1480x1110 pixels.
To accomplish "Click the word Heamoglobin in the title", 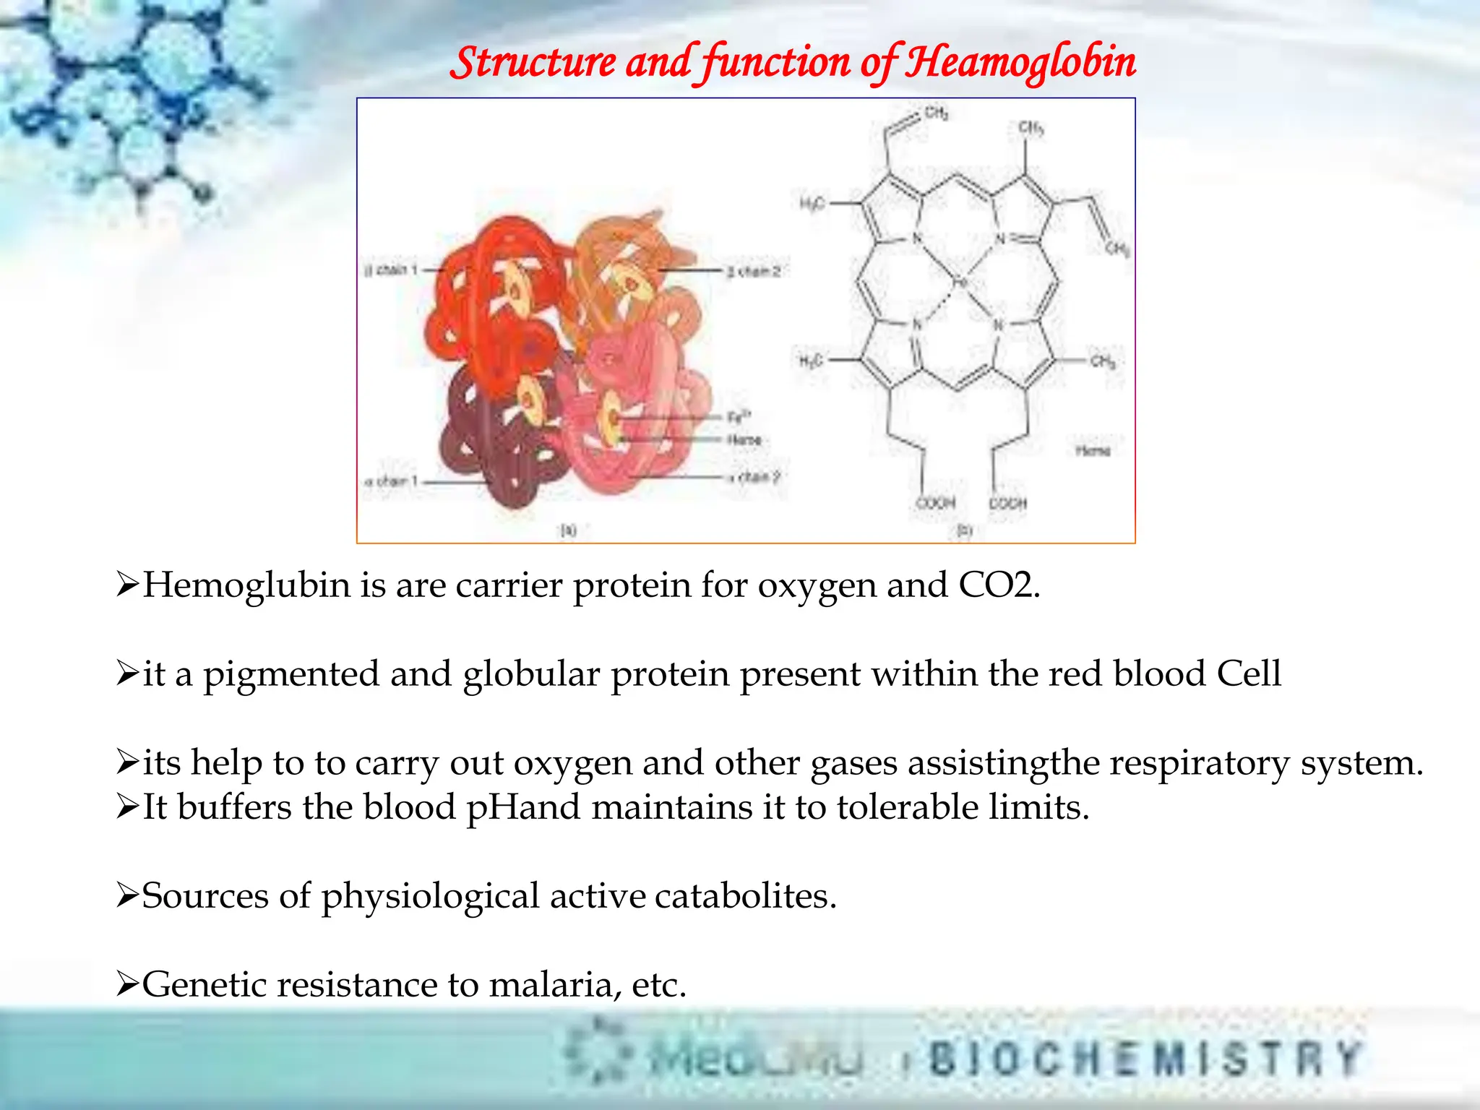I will pyautogui.click(x=1020, y=62).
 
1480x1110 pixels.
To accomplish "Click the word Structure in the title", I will pyautogui.click(x=533, y=62).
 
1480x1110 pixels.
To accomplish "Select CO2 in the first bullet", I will pyautogui.click(x=997, y=585).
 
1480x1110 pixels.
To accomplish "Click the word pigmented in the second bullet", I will pyautogui.click(x=291, y=675).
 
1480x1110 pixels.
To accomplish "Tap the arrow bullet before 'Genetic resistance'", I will pyautogui.click(x=126, y=984).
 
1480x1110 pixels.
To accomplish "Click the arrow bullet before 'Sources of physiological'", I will pyautogui.click(x=126, y=896).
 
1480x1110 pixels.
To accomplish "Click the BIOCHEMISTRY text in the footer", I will pyautogui.click(x=1145, y=1059).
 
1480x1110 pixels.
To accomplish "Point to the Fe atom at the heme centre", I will pyautogui.click(x=960, y=283).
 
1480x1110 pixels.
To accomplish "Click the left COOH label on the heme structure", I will pyautogui.click(x=936, y=502).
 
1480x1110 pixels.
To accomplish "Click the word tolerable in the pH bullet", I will pyautogui.click(x=907, y=808).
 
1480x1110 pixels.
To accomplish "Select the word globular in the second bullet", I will pyautogui.click(x=531, y=675).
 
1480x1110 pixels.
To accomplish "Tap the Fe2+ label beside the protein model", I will pyautogui.click(x=739, y=417).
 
